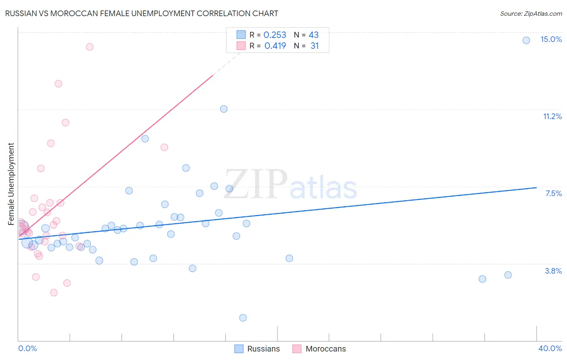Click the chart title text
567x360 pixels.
tap(141, 13)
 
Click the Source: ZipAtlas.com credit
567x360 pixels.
tap(531, 13)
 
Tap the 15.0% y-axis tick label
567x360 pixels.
tap(551, 39)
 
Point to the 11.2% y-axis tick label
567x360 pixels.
tap(552, 116)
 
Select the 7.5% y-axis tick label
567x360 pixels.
tap(553, 193)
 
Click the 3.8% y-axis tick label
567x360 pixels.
tap(553, 271)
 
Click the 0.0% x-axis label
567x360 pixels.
tap(27, 348)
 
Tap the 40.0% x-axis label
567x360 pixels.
tap(550, 348)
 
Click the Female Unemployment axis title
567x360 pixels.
tap(11, 184)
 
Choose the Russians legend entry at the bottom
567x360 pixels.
tap(257, 349)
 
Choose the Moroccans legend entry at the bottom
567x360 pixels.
tap(319, 349)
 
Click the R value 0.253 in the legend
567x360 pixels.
tap(275, 35)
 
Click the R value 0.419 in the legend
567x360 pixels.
tap(275, 46)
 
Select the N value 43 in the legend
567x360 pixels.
tap(313, 35)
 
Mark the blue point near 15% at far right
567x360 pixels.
tap(526, 40)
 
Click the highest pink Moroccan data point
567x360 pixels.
tap(90, 47)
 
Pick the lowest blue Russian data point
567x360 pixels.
tap(243, 318)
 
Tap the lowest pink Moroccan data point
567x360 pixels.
tap(54, 293)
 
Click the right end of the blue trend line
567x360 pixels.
tap(536, 187)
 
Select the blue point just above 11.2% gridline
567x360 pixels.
tap(224, 109)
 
